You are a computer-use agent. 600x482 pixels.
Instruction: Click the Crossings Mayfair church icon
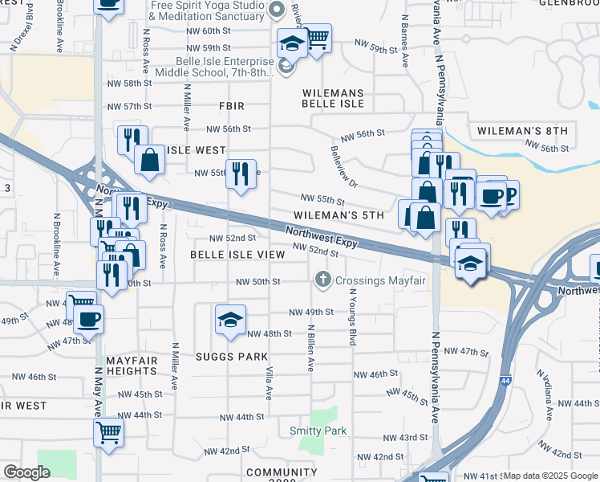[x=322, y=280]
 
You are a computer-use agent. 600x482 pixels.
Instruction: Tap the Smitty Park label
[x=318, y=431]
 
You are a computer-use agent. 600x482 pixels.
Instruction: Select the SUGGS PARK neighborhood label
[x=229, y=356]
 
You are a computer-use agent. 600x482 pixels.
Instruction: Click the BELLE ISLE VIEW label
[x=237, y=254]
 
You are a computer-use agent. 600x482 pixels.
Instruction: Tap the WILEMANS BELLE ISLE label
[x=333, y=98]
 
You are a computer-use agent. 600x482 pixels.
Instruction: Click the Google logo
[x=26, y=472]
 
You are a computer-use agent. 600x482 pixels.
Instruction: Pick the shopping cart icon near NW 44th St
[x=108, y=431]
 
